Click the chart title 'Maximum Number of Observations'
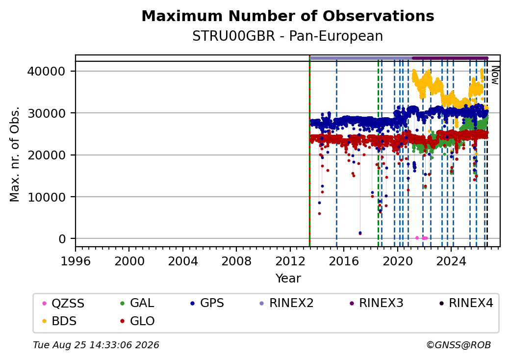coord(288,16)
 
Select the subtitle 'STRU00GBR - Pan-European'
coord(288,36)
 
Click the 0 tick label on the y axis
coord(62,239)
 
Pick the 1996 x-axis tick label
coord(76,261)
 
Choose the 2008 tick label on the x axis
coord(236,261)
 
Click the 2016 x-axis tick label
coord(343,261)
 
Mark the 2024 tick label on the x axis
coord(451,261)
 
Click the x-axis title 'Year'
coord(288,279)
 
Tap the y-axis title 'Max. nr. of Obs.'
coord(15,154)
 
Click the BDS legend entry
coord(59,321)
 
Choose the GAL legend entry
coord(137,303)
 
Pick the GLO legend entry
coord(137,321)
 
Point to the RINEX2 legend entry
coord(286,303)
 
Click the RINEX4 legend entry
coord(466,303)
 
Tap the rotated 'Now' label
coord(495,75)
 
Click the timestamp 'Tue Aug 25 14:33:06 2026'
coord(96,345)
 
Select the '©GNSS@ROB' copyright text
coord(459,345)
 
